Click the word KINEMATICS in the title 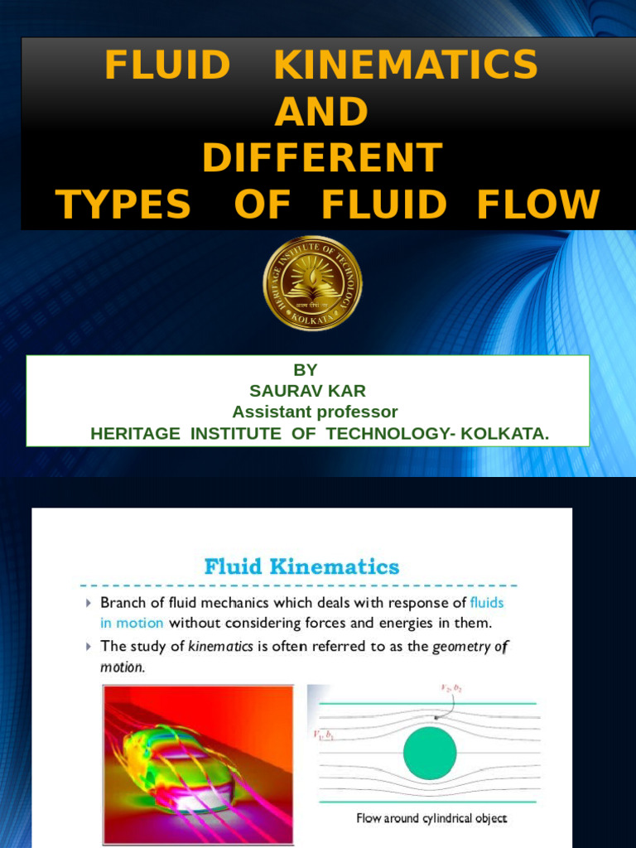click(x=405, y=65)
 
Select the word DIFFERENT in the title click(x=322, y=158)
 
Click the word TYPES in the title click(x=123, y=205)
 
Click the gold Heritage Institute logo click(x=312, y=282)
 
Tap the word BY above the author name click(x=306, y=370)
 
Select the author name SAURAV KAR click(x=307, y=391)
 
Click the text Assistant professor click(x=315, y=412)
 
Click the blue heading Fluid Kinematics click(x=301, y=567)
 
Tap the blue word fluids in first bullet click(x=486, y=603)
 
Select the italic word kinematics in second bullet click(x=220, y=647)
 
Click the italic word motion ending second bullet click(x=122, y=667)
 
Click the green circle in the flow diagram click(x=430, y=754)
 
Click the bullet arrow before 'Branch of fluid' click(x=89, y=604)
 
